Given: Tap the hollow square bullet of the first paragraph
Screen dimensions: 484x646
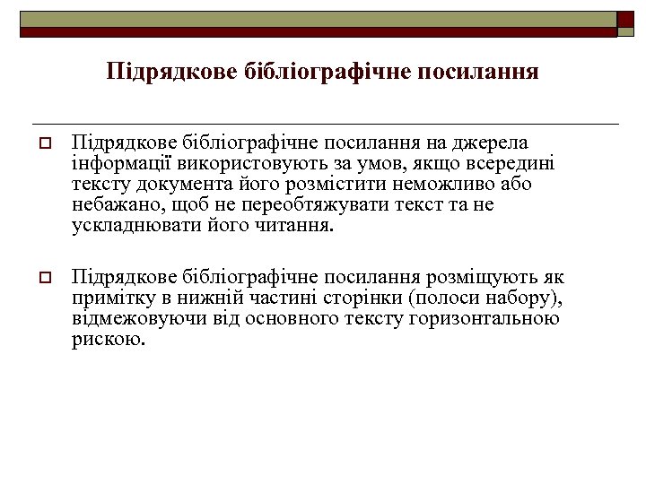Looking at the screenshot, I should point(44,144).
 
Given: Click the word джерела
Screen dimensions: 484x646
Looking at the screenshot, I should point(488,143).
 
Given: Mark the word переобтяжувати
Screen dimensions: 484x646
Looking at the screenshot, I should point(318,205).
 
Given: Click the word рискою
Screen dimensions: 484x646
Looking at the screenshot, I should point(108,339).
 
